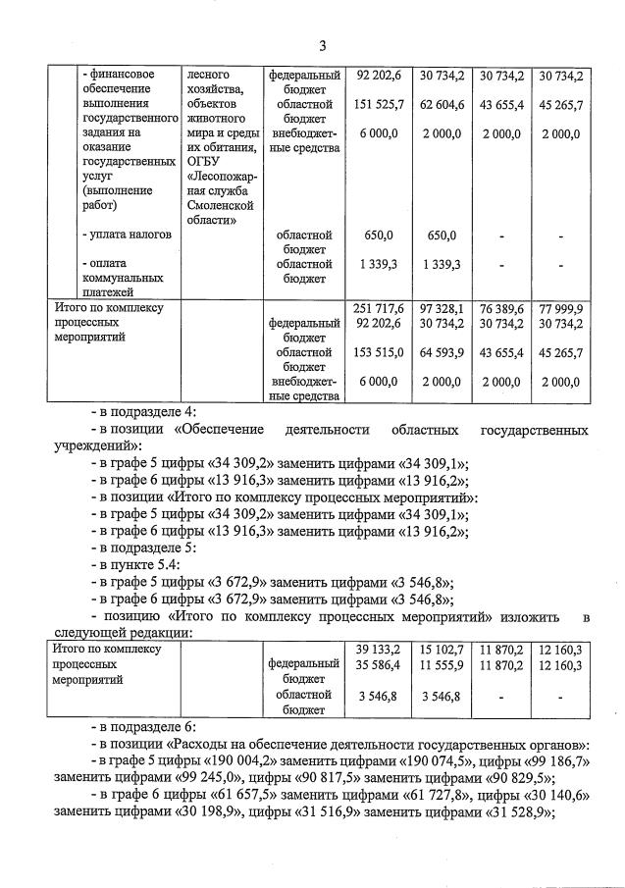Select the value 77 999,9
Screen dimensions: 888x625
(561, 307)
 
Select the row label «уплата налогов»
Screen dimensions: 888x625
(130, 235)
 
